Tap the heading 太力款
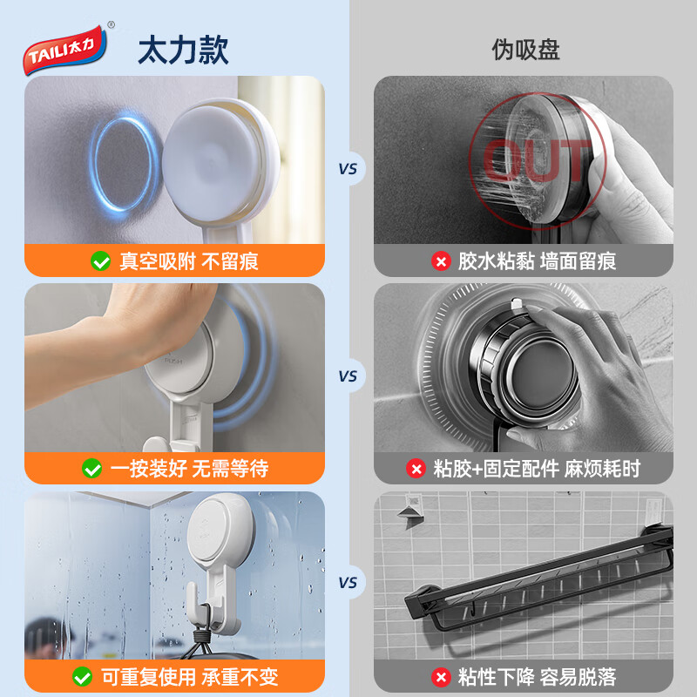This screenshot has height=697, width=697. coord(183,50)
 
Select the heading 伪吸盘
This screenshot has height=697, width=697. coord(525,50)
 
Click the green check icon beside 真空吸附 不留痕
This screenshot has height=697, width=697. coord(100,261)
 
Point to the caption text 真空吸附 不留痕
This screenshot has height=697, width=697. coord(189,261)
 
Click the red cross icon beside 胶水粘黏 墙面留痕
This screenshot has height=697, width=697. coord(441,261)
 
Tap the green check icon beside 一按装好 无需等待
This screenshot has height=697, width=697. coord(92,469)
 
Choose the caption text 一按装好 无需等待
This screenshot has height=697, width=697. coord(189,469)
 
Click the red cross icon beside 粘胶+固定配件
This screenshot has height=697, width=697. coord(416,469)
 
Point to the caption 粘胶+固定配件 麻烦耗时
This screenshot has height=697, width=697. coord(537,469)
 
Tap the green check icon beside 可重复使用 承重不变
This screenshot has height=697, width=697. coord(83,677)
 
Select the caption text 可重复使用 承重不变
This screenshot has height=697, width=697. coord(189,677)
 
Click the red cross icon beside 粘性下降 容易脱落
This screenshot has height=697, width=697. coord(441,677)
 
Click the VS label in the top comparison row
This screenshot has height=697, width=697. coord(348,169)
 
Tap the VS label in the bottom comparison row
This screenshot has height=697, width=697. coord(348,583)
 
